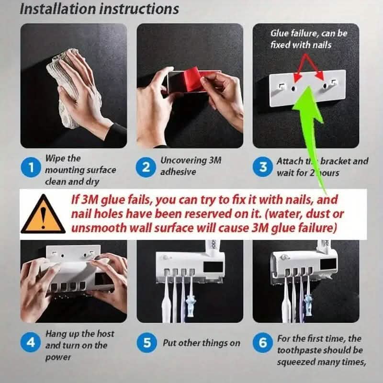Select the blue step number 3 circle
[263, 167]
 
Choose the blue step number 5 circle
[147, 343]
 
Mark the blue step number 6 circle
[263, 343]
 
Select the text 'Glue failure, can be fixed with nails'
[309, 39]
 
